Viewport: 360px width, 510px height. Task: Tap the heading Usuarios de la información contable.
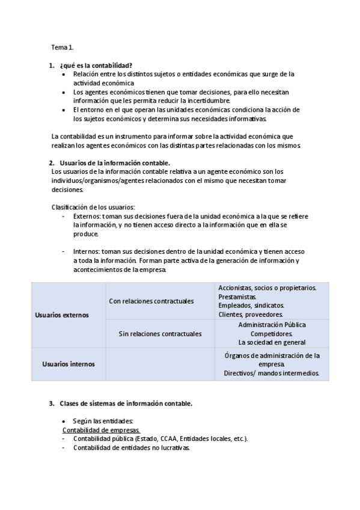[115, 163]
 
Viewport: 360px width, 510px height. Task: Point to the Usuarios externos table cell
[62, 315]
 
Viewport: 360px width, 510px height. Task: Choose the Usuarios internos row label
[66, 364]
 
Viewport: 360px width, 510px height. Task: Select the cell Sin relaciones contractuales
[160, 333]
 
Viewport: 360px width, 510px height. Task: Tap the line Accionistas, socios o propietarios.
[267, 288]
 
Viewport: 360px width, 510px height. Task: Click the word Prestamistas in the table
[237, 296]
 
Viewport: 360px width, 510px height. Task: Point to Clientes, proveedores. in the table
[251, 314]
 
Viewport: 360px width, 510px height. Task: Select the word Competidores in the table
[271, 333]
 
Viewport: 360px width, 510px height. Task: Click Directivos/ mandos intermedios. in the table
[272, 373]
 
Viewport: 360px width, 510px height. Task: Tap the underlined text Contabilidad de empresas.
[101, 430]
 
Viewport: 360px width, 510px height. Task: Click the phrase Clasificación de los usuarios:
[93, 207]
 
